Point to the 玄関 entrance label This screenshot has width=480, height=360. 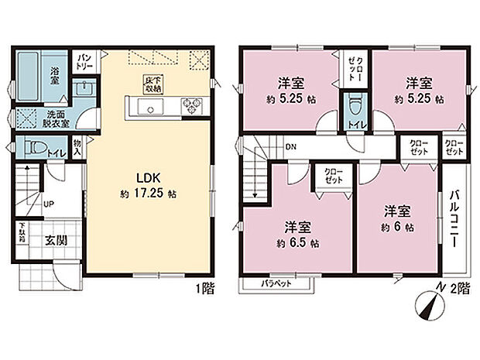(54, 240)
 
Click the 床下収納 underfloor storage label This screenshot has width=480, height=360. (151, 84)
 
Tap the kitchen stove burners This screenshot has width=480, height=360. (191, 105)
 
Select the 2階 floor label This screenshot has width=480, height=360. (458, 289)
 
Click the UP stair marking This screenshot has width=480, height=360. (48, 205)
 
